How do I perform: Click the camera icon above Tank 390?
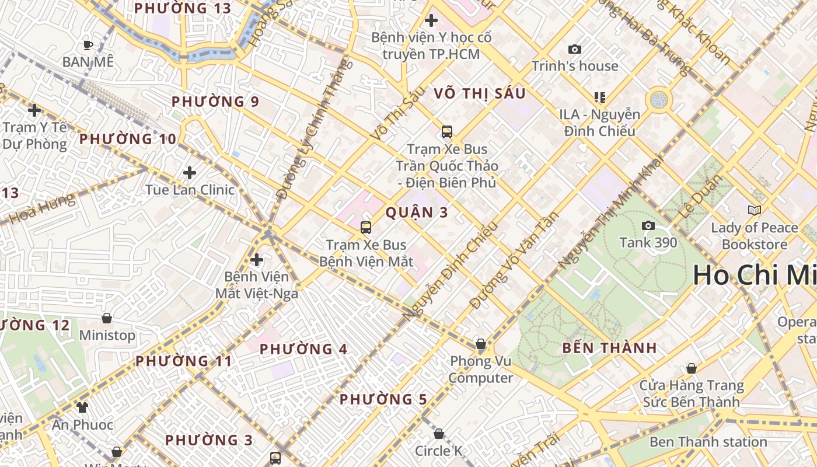(648, 226)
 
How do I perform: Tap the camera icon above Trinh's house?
(575, 50)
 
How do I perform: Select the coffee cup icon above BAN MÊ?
(88, 45)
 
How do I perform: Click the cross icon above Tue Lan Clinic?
(190, 173)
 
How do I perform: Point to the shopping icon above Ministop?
(107, 318)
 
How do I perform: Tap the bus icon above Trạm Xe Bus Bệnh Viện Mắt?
(366, 228)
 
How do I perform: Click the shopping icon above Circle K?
(439, 434)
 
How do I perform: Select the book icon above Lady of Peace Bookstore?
(755, 210)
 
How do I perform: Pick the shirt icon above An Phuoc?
(82, 407)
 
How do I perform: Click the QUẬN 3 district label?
(417, 212)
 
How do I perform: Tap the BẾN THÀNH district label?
(610, 348)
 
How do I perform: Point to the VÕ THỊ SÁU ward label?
(480, 93)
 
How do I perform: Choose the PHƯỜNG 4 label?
(303, 350)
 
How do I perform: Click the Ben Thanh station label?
(708, 442)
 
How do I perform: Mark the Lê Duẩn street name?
(700, 197)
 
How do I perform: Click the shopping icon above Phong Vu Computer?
(481, 344)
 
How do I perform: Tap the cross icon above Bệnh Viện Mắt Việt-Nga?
(257, 260)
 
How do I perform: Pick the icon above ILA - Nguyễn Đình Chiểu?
(600, 97)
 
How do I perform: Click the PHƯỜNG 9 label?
(215, 102)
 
